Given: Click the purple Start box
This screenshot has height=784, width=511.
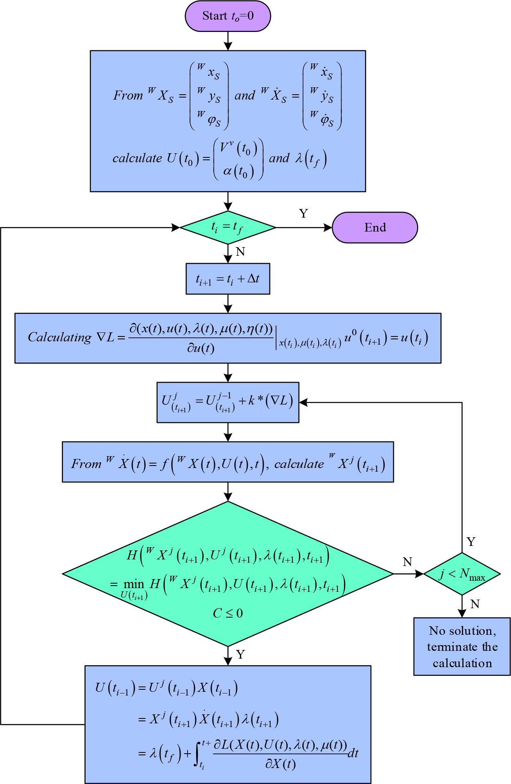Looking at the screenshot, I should (228, 16).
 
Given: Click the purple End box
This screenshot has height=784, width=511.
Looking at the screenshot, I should (375, 227).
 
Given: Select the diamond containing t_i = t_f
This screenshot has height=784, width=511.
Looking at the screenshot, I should (228, 227).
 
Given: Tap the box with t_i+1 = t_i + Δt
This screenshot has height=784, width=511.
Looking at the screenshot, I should (228, 279).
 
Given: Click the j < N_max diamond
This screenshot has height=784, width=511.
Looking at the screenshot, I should (462, 574).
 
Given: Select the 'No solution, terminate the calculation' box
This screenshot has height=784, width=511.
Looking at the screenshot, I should (462, 646).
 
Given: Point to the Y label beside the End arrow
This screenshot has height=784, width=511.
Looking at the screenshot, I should (303, 214).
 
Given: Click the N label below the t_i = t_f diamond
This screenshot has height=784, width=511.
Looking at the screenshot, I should (240, 252).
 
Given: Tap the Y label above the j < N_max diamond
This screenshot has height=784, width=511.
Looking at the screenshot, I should (471, 542).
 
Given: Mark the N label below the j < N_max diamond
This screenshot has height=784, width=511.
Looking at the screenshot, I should (475, 604).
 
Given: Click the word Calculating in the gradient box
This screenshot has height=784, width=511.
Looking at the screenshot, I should (59, 337).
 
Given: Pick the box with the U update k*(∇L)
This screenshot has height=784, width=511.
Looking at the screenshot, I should (228, 402).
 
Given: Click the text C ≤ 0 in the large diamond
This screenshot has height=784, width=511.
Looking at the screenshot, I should (228, 613).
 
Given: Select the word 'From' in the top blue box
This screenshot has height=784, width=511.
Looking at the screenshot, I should (127, 95).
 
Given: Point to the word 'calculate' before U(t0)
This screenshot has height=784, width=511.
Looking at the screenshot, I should (137, 158).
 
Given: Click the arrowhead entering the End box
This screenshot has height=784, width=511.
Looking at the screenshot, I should (328, 227).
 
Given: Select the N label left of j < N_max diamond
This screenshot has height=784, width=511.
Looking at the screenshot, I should (407, 562).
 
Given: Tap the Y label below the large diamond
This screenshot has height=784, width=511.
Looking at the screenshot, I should (240, 655).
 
